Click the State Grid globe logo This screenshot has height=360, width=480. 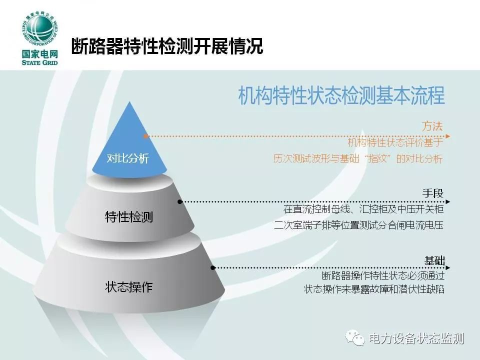click(40, 31)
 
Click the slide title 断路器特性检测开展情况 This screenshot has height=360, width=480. click(167, 46)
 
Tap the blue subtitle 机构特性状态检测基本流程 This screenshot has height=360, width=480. click(341, 96)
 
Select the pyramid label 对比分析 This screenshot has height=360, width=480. click(127, 158)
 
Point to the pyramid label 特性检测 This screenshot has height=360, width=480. click(129, 217)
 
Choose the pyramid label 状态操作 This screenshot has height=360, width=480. click(128, 287)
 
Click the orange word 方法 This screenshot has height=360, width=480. click(432, 126)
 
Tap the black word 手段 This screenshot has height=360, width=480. click(433, 193)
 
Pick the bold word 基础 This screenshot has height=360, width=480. click(434, 261)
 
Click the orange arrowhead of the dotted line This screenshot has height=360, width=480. click(448, 136)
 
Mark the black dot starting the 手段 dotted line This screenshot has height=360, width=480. click(180, 201)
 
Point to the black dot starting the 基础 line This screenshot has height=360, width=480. click(213, 268)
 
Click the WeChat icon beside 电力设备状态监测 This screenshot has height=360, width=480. click(355, 337)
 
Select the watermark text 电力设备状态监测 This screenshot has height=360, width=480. click(416, 338)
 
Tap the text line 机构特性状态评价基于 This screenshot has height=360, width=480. click(395, 142)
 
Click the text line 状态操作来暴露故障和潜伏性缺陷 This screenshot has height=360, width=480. click(374, 289)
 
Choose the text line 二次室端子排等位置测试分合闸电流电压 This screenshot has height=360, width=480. click(359, 225)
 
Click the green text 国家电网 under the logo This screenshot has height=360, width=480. click(40, 54)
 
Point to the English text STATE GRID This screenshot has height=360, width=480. click(40, 63)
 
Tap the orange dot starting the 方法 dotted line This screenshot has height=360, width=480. click(146, 136)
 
